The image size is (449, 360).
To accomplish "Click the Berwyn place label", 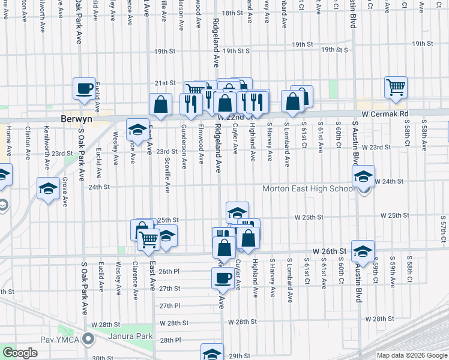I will coord(76,119).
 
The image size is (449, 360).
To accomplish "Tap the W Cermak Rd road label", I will coord(384,113).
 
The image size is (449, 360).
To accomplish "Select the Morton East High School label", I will coord(309,189).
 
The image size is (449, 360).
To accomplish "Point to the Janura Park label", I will coord(131,336).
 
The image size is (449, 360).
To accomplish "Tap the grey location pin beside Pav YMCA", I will coord(89,340).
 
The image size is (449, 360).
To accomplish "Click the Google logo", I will coord(20,353).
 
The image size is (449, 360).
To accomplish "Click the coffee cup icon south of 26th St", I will coord(223,278).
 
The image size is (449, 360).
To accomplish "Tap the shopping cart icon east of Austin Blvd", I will coord(396,87).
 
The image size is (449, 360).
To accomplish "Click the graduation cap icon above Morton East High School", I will coord(363,176).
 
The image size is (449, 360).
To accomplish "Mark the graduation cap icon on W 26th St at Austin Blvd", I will coord(363,251).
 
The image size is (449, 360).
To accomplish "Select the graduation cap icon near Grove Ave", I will coord(48,188).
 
